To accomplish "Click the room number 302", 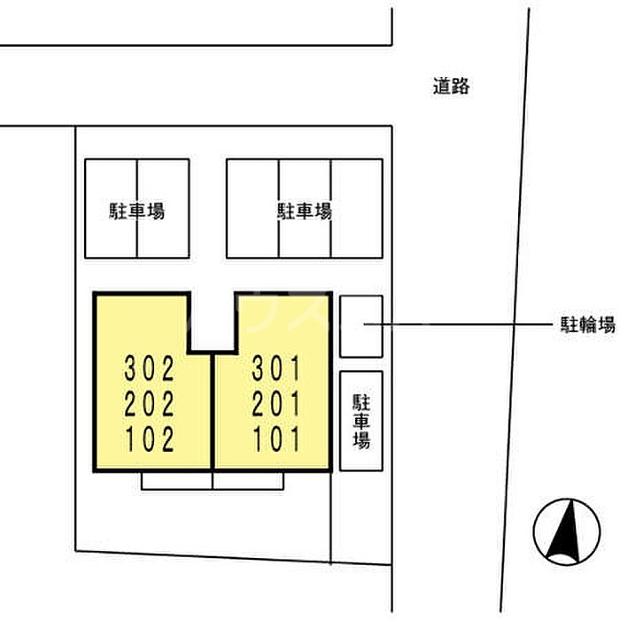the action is pyautogui.click(x=150, y=368).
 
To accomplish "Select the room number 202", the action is pyautogui.click(x=150, y=403).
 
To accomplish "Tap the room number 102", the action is pyautogui.click(x=151, y=439).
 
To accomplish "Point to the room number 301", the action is pyautogui.click(x=276, y=368).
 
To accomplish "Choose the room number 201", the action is pyautogui.click(x=276, y=403).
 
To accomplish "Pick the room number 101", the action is pyautogui.click(x=276, y=439).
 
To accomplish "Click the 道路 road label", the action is pyautogui.click(x=451, y=86).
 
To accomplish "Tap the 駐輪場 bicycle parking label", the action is pyautogui.click(x=588, y=325).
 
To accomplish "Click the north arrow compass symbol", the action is pyautogui.click(x=567, y=531).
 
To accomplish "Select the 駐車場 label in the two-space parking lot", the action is pyautogui.click(x=136, y=211).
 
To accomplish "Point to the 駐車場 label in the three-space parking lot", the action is pyautogui.click(x=304, y=211).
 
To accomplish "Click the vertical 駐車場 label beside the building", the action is pyautogui.click(x=361, y=421).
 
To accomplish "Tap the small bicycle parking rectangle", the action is pyautogui.click(x=361, y=326).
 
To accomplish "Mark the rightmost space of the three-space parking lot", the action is pyautogui.click(x=357, y=208).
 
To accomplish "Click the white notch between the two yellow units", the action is pyautogui.click(x=213, y=321).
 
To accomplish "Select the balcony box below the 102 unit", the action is pyautogui.click(x=177, y=481).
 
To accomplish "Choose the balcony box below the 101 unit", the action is pyautogui.click(x=248, y=481).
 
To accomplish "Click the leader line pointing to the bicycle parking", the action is pyautogui.click(x=458, y=325).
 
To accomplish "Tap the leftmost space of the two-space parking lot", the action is pyautogui.click(x=111, y=208).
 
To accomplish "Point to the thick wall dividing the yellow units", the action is pyautogui.click(x=213, y=411).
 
